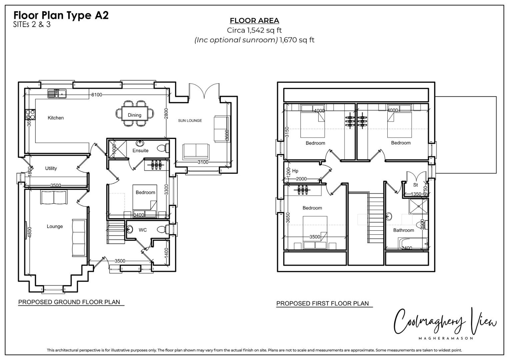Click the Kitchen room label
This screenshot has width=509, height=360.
click(x=56, y=118)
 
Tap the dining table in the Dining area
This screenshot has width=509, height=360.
click(x=135, y=113)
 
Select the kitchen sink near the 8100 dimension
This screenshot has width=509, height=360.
click(x=57, y=93)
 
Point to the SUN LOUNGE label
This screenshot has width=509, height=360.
click(x=190, y=120)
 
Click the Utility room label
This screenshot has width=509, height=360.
click(x=51, y=168)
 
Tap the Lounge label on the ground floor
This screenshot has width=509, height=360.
click(x=55, y=226)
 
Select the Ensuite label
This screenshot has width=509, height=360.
click(x=140, y=150)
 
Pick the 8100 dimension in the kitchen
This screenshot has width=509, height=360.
click(x=97, y=95)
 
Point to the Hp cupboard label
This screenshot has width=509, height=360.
click(x=295, y=171)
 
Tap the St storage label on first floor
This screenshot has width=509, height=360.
click(x=415, y=185)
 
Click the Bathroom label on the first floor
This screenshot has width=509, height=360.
click(x=404, y=230)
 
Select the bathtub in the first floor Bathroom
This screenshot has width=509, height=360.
click(x=413, y=244)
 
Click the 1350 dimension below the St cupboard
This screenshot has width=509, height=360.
click(x=416, y=194)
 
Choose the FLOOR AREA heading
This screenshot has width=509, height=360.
click(x=255, y=21)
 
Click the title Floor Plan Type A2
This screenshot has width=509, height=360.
click(x=61, y=15)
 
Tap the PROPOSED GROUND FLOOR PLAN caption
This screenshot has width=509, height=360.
click(x=69, y=302)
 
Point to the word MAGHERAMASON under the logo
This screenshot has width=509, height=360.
click(x=446, y=338)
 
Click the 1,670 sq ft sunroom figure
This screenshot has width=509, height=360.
click(x=297, y=40)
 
